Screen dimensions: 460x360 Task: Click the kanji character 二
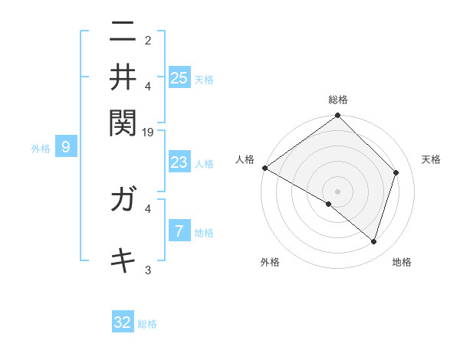point(123,32)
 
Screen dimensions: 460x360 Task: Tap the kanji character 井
point(123,77)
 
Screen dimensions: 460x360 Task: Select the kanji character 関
point(123,121)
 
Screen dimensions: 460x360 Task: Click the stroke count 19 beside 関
point(148,133)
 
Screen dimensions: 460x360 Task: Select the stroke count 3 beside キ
point(148,270)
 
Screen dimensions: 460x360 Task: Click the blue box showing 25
point(179,78)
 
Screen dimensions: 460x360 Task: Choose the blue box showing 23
point(179,162)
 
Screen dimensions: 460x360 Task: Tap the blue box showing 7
point(179,231)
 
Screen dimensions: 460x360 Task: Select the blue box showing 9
point(66,148)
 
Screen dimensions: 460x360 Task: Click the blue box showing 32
point(123,322)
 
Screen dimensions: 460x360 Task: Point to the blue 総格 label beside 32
point(147,324)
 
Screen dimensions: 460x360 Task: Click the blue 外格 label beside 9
point(41,149)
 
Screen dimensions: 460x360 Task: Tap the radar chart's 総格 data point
point(337,116)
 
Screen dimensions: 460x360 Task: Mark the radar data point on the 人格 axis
point(264,168)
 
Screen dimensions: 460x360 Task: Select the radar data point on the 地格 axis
point(374,241)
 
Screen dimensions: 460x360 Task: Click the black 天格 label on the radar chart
point(431,159)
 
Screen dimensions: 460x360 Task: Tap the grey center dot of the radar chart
point(337,191)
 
